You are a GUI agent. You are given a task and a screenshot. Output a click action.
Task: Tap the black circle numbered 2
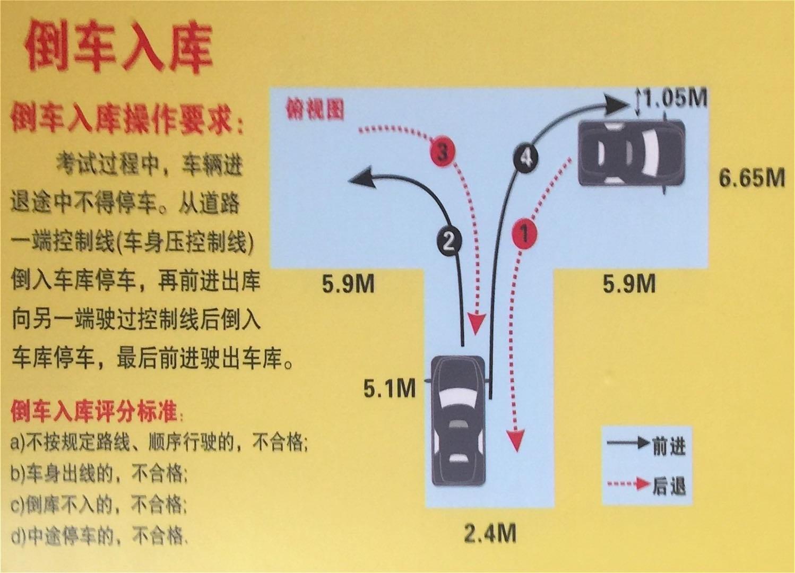tap(450, 242)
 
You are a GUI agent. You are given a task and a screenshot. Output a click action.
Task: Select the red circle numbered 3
tap(442, 154)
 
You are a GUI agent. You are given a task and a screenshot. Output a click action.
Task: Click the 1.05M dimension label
tap(675, 98)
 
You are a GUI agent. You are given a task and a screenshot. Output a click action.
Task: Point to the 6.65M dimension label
tap(751, 177)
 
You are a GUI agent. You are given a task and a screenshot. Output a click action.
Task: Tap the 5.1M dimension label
tap(390, 388)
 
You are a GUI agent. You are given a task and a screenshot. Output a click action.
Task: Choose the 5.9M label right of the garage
tap(629, 283)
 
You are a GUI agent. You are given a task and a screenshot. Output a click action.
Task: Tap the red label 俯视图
tap(315, 109)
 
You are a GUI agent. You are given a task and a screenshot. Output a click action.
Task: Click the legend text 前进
tap(669, 446)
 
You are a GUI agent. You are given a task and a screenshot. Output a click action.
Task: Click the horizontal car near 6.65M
tap(632, 153)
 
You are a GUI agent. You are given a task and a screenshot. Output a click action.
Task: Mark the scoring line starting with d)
tap(99, 536)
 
